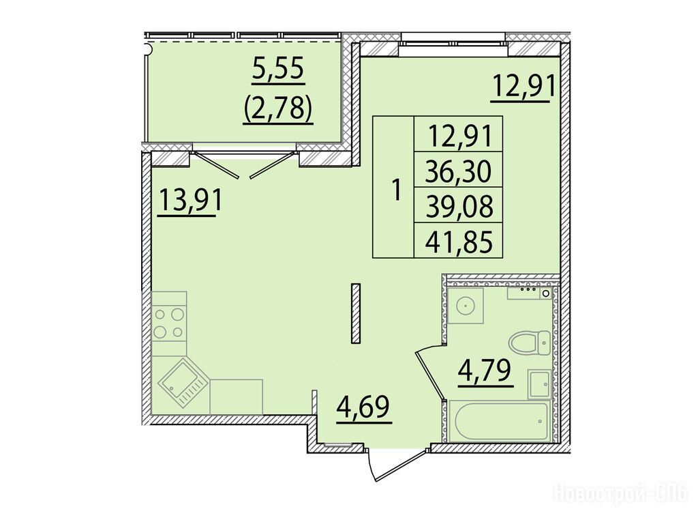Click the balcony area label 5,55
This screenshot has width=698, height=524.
(278, 70)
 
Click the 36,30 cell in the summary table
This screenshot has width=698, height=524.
(459, 170)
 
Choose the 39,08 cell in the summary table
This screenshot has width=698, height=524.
(459, 205)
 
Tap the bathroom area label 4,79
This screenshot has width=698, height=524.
(485, 372)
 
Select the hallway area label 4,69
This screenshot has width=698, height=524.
(363, 408)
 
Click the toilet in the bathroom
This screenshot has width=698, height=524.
(530, 343)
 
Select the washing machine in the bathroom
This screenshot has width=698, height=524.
(466, 306)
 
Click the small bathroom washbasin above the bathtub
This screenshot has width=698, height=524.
(540, 384)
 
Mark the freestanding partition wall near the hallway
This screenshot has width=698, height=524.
(355, 313)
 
